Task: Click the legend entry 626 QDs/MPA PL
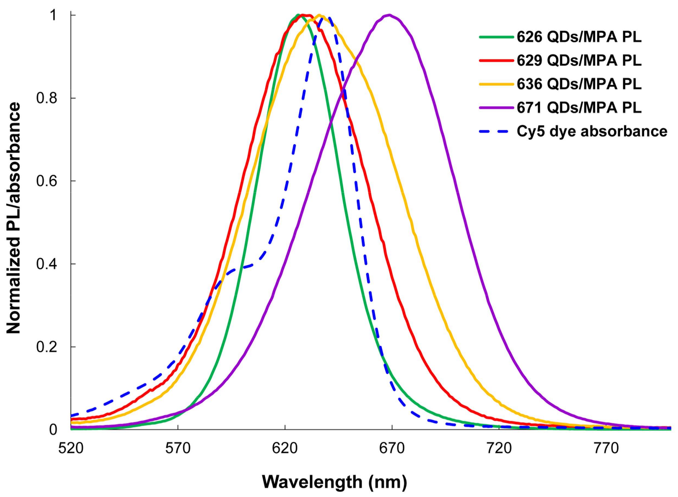pos(579,37)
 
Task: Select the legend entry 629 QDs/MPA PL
pos(579,61)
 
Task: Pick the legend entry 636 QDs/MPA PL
pos(579,84)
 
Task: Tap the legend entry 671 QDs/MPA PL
pos(579,108)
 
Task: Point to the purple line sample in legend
pos(496,108)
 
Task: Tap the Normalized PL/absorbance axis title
pos(14,218)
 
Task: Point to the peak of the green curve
pos(298,15)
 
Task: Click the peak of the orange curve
pos(319,15)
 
